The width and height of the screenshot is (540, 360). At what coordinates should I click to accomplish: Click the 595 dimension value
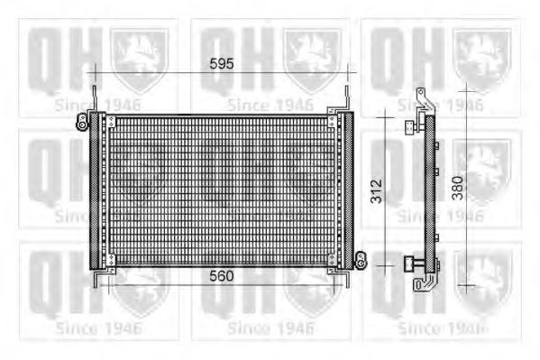click(220, 64)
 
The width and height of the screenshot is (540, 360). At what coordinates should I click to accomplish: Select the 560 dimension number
click(220, 277)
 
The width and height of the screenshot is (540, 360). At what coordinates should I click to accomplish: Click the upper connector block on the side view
click(412, 125)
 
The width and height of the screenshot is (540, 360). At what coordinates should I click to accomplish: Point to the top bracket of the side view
click(422, 99)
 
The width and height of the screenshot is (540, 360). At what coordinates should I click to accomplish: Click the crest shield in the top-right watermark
click(482, 59)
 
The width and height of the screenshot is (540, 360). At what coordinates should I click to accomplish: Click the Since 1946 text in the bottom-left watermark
click(97, 328)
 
